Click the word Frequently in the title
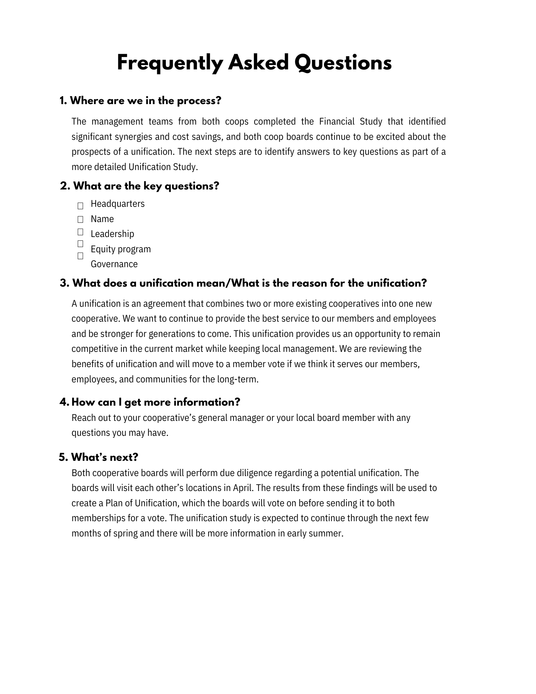169,64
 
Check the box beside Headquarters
80,206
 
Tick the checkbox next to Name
80,219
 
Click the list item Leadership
112,234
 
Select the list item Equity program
121,249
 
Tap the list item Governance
114,264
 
